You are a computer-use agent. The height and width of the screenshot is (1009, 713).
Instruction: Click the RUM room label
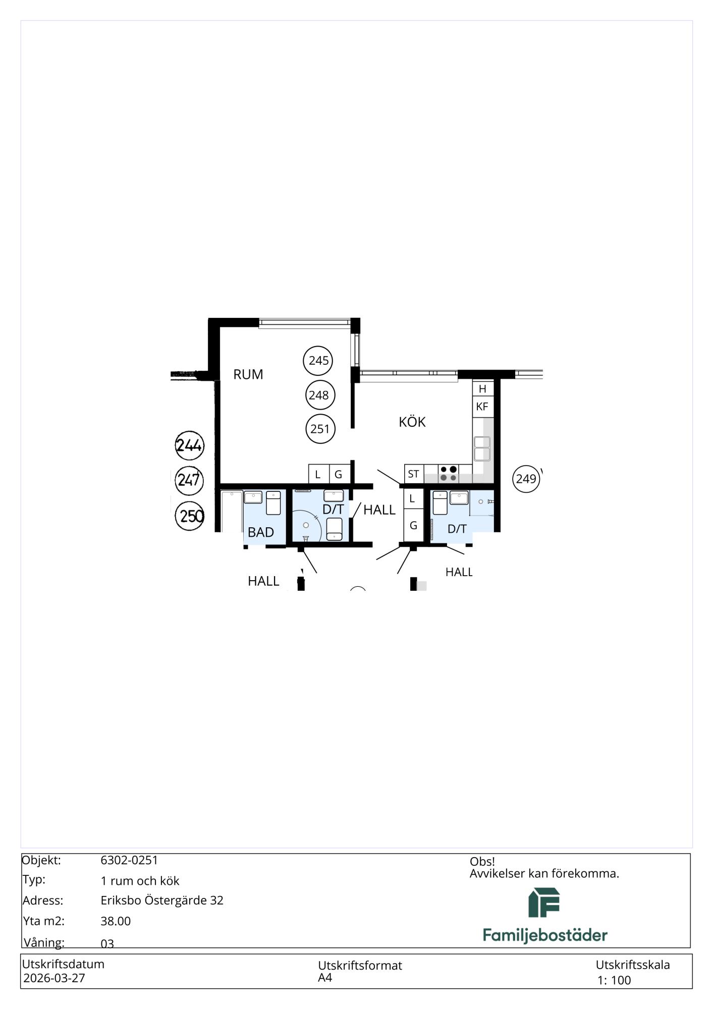(248, 374)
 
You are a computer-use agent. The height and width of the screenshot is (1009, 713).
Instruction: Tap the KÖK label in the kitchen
(412, 421)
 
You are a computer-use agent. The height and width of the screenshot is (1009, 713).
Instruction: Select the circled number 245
(318, 360)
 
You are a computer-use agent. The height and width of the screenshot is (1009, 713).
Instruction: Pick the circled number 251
(320, 429)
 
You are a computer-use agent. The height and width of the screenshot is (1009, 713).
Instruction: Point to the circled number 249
(526, 479)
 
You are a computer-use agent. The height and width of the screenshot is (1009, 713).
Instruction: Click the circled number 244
(189, 445)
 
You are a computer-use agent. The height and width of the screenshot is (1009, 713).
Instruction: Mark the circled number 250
(190, 516)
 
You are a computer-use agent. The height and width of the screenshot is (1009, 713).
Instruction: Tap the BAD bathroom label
(261, 532)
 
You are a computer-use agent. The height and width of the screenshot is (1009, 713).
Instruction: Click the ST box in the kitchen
(414, 474)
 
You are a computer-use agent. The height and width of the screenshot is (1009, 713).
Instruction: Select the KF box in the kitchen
(482, 407)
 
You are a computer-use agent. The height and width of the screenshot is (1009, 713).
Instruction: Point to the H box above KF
(482, 388)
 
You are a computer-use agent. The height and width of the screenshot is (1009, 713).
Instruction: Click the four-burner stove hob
(448, 474)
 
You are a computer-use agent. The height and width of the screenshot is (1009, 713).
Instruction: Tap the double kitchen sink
(482, 449)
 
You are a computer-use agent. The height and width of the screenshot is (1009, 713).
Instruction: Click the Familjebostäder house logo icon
(544, 903)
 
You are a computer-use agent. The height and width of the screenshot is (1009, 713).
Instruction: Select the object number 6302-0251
(129, 860)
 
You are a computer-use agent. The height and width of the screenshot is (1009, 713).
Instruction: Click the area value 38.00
(116, 921)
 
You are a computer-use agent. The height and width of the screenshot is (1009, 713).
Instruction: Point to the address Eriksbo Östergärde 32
(162, 900)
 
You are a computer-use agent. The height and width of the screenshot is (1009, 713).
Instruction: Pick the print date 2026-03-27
(54, 978)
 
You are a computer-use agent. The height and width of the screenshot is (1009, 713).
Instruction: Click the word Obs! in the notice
(482, 861)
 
